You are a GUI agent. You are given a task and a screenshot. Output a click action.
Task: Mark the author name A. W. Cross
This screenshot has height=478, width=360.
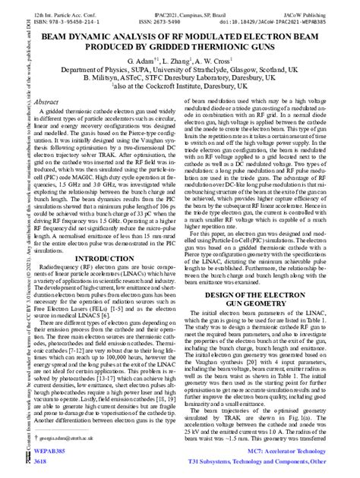click(223, 59)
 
